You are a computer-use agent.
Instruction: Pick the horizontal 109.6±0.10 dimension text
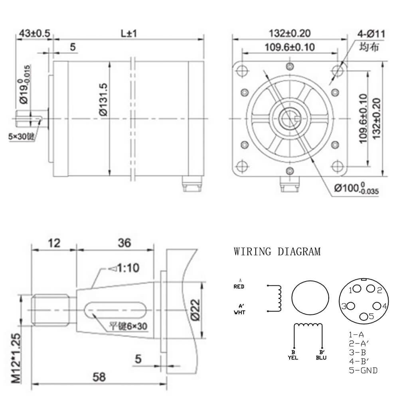[x=289, y=47]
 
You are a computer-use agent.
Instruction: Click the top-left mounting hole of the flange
[x=241, y=71]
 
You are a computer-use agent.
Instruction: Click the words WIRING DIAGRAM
[x=277, y=252]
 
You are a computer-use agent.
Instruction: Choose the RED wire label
[x=239, y=286]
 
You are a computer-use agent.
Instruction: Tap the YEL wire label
[x=293, y=358]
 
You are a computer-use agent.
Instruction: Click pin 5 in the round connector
[x=364, y=316]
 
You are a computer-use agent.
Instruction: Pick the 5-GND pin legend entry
[x=363, y=370]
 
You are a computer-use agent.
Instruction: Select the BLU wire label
[x=321, y=358]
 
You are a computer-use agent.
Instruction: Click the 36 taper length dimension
[x=124, y=243]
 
